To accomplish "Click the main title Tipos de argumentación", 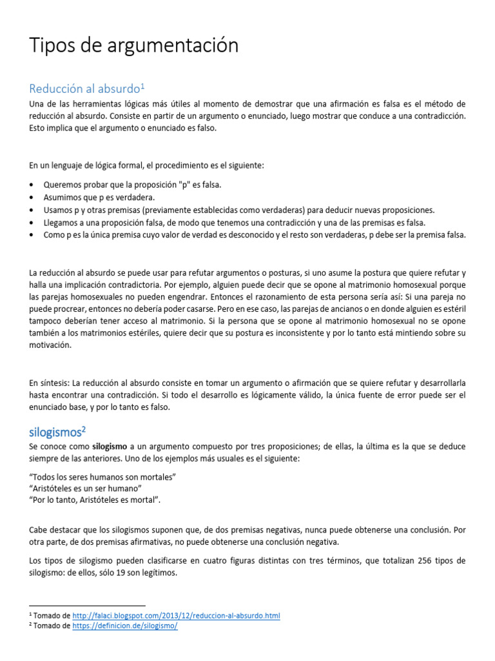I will tap(133, 45).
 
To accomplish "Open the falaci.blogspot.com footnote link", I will tap(176, 616).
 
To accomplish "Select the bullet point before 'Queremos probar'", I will tap(32, 185).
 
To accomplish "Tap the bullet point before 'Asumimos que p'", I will tap(32, 198).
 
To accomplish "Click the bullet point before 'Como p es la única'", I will tap(32, 235).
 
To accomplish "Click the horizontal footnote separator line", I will tap(88, 606).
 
